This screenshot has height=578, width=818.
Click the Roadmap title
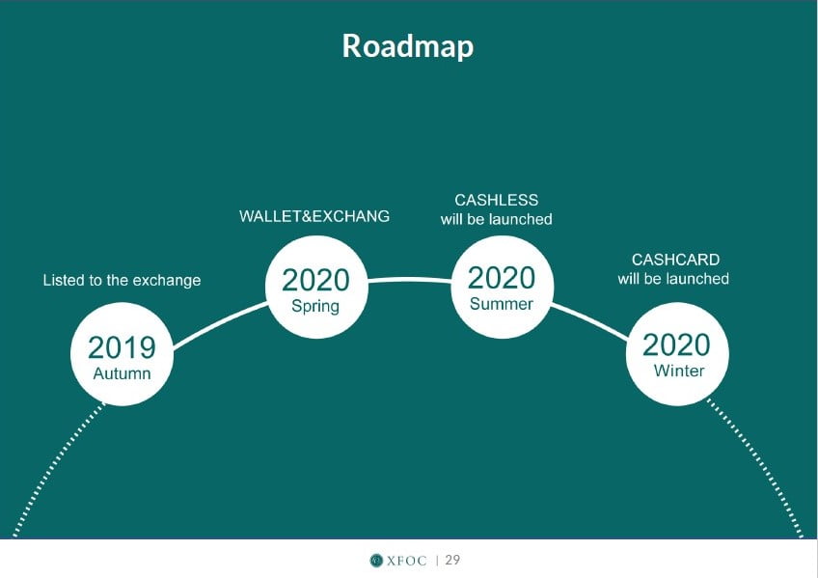click(x=408, y=46)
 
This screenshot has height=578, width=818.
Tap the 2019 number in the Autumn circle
click(x=122, y=347)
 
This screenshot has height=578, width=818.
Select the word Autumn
click(x=122, y=373)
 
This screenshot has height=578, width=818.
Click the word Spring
click(x=315, y=306)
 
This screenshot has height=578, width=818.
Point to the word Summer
click(x=502, y=304)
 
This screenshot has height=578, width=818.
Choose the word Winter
click(x=679, y=371)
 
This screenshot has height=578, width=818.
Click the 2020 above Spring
click(x=315, y=280)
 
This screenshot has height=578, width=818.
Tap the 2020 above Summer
click(x=502, y=278)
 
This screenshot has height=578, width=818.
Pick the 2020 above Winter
click(x=676, y=345)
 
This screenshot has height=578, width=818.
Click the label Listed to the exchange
click(x=122, y=280)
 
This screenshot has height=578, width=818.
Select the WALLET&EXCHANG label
click(x=314, y=216)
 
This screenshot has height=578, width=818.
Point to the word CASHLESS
click(x=496, y=200)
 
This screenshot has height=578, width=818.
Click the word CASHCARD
click(x=675, y=260)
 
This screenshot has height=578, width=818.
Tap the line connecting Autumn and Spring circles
click(x=219, y=324)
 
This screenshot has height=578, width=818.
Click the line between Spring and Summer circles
click(x=410, y=280)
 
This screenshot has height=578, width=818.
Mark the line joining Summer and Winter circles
click(x=589, y=321)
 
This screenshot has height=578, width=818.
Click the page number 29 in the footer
click(x=452, y=560)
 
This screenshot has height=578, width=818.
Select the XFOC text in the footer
click(x=406, y=561)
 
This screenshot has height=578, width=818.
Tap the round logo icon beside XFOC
click(x=376, y=561)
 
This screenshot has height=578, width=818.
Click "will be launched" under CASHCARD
click(x=673, y=279)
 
